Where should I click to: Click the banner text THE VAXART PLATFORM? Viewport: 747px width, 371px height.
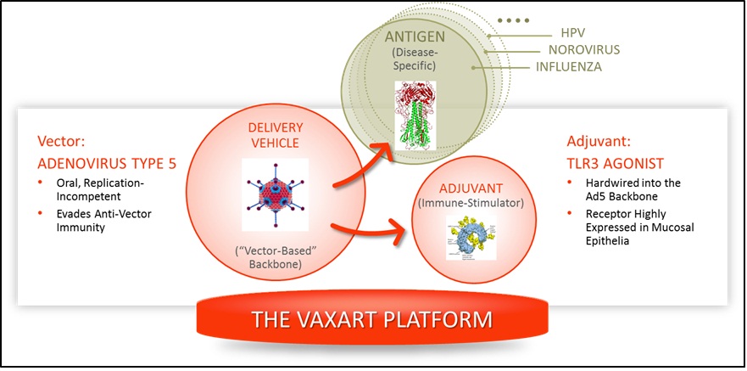(x=372, y=320)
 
